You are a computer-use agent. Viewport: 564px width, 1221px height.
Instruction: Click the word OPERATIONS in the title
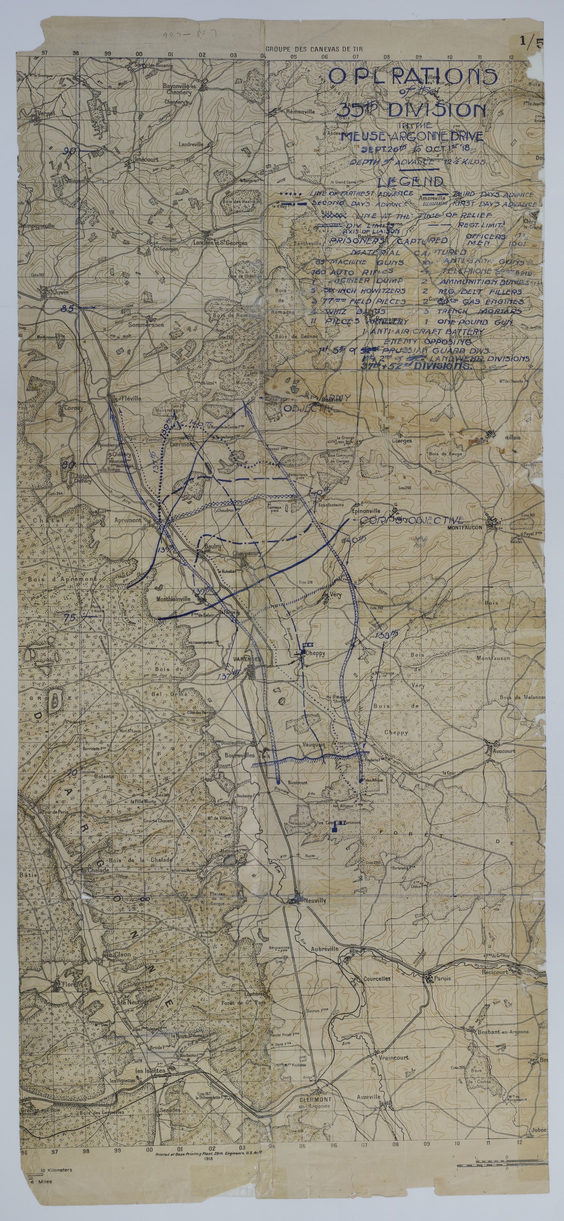(413, 77)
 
